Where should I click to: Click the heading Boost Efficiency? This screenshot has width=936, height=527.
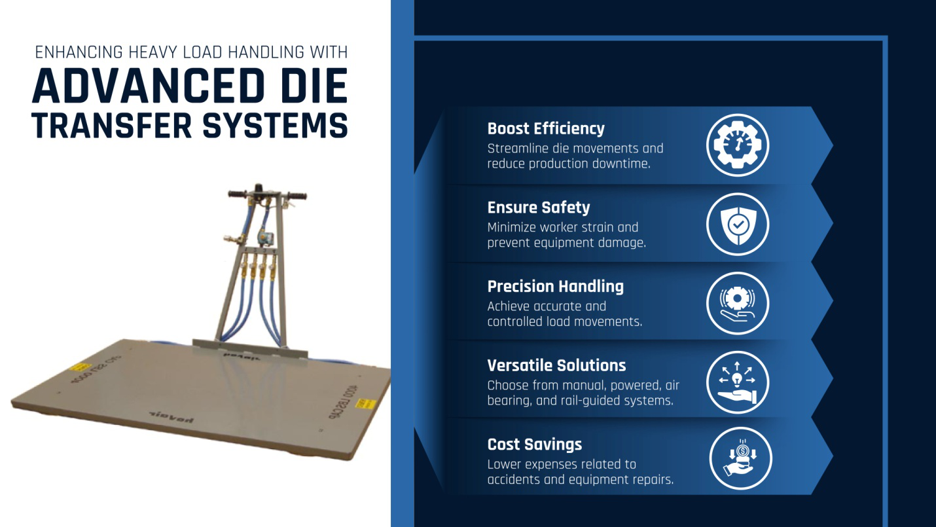pyautogui.click(x=546, y=128)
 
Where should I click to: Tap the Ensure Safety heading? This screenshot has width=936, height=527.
pyautogui.click(x=539, y=208)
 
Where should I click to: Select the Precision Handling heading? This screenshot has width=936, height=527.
pyautogui.click(x=555, y=286)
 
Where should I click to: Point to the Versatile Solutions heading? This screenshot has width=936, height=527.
pyautogui.click(x=556, y=365)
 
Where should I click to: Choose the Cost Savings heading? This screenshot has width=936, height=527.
pyautogui.click(x=535, y=445)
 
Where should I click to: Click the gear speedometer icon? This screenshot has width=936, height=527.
pyautogui.click(x=738, y=145)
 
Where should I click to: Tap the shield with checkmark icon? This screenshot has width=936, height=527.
pyautogui.click(x=738, y=224)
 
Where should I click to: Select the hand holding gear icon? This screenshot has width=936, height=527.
pyautogui.click(x=738, y=303)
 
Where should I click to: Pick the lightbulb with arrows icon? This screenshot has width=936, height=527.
pyautogui.click(x=738, y=382)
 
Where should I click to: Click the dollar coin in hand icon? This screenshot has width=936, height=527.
pyautogui.click(x=740, y=458)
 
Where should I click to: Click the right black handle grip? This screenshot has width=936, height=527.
pyautogui.click(x=296, y=196)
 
